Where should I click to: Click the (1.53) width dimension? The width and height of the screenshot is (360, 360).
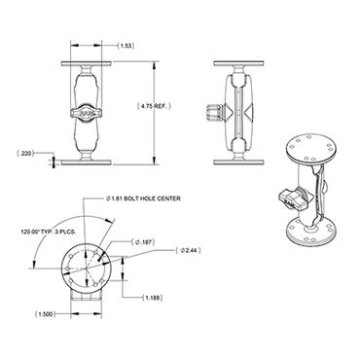pos(126,46)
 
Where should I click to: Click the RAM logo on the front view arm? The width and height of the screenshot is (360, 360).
pos(90,112)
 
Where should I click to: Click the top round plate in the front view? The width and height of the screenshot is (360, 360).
pos(90,59)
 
